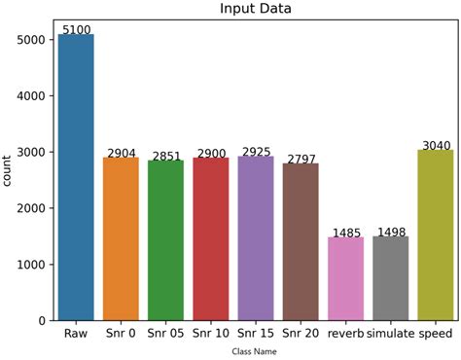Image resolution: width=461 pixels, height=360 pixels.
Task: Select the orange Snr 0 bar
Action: [121, 238]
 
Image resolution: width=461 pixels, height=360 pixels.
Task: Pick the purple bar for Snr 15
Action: [256, 238]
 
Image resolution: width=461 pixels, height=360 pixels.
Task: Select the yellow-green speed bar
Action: [435, 234]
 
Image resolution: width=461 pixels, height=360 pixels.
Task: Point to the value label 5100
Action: [76, 30]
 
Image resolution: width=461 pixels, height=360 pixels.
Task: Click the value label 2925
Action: [256, 152]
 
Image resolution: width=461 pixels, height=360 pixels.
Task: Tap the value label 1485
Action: [345, 233]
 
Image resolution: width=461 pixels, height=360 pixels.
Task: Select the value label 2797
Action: [301, 159]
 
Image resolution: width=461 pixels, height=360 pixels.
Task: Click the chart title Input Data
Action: [255, 9]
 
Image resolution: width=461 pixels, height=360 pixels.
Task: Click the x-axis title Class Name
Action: [255, 351]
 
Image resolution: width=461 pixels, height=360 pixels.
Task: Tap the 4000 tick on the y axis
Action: [31, 96]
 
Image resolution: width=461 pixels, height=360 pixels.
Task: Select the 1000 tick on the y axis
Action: [31, 265]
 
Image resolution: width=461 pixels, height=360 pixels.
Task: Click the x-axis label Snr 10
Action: [210, 333]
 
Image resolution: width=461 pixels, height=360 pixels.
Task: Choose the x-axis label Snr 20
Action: [301, 333]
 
